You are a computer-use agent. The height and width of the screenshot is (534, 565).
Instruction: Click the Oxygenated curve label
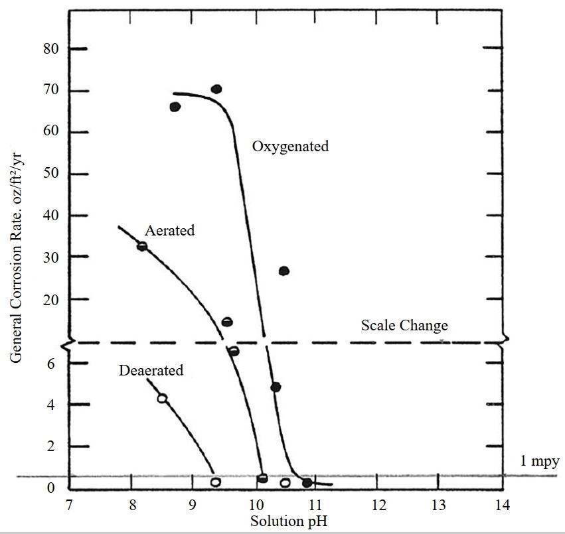(x=290, y=146)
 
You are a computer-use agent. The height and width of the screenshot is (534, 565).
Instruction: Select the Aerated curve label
(x=169, y=231)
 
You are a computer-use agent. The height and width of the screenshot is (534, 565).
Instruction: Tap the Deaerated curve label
(x=151, y=370)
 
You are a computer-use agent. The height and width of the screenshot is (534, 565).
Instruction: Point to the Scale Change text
(x=404, y=325)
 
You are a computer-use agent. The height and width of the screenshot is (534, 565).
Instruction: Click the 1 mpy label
(x=540, y=460)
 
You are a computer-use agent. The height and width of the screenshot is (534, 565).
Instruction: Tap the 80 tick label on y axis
(x=52, y=49)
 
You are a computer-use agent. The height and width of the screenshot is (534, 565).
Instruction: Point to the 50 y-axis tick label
(x=52, y=174)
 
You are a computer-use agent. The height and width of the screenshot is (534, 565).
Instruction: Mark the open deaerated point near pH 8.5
(x=161, y=398)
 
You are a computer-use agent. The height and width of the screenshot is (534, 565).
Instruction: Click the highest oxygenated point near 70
(x=216, y=90)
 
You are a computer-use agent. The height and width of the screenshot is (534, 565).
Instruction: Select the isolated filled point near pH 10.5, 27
(x=284, y=271)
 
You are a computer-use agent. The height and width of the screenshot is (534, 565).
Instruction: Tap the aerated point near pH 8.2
(x=141, y=246)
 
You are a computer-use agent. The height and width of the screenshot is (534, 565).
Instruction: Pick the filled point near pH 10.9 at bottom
(x=307, y=483)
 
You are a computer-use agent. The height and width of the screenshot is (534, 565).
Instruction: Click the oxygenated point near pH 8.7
(x=175, y=107)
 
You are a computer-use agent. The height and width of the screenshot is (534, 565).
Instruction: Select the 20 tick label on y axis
(x=52, y=300)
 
